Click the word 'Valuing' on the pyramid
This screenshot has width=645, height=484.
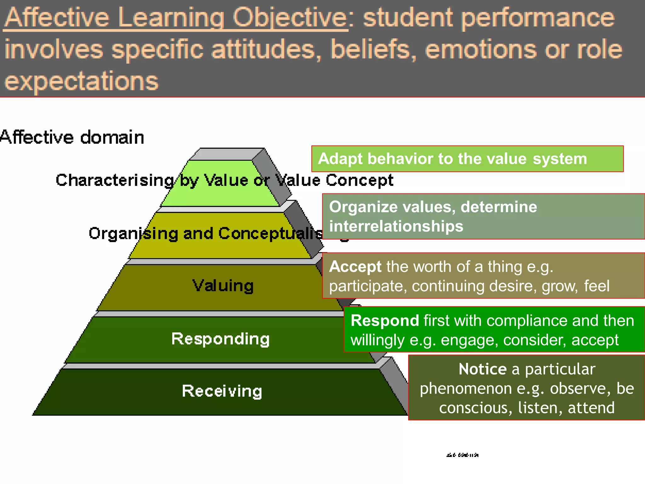coord(223,285)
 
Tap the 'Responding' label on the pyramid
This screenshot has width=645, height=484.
coord(220,339)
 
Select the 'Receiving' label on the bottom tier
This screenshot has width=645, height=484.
coord(222,391)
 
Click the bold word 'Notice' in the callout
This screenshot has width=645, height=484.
coord(482,369)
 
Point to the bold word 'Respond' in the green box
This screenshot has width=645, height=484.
coord(385,321)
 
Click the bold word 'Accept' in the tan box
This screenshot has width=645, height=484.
coord(355,267)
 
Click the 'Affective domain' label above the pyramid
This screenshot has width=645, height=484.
coord(72,137)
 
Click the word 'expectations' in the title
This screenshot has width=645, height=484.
coord(81,81)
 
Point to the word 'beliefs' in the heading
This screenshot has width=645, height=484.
coord(373,49)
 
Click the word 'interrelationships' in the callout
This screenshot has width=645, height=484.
coord(396,226)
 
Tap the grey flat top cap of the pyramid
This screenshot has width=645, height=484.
coord(227,154)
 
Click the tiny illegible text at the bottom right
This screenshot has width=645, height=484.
coord(462,455)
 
